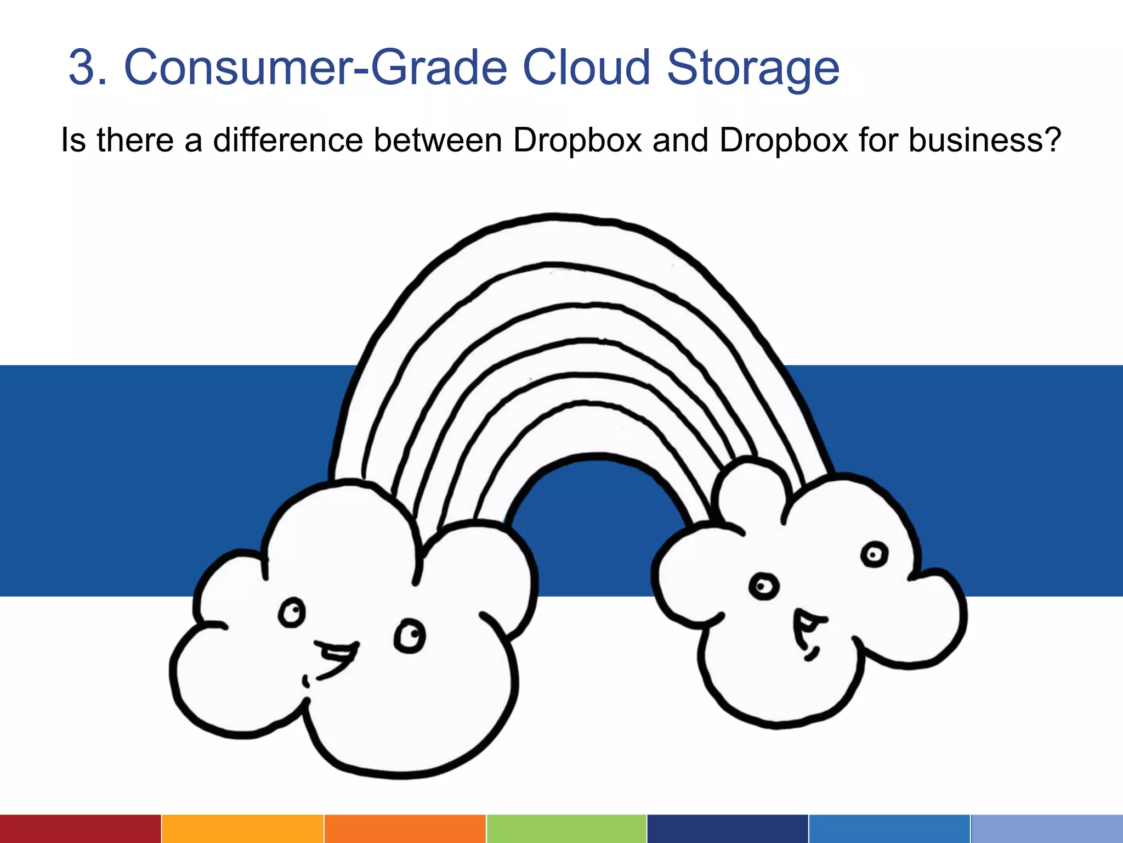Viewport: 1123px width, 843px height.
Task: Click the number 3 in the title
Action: [87, 68]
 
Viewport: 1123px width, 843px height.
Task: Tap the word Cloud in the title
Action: [586, 68]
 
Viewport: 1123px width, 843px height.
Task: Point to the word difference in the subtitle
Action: [288, 140]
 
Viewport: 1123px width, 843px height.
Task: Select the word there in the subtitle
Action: [136, 140]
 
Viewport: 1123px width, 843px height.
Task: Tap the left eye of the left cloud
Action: [291, 612]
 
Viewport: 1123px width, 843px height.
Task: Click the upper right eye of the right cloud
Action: [874, 554]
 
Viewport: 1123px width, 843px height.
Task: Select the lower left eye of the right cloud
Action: [763, 587]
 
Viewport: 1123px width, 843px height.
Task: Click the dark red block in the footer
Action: [80, 829]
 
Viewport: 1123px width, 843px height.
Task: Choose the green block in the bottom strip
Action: [566, 829]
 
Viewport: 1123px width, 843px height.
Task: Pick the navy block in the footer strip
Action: [727, 829]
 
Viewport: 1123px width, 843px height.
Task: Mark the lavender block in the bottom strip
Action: [1047, 829]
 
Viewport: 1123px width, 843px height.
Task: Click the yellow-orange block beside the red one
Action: [242, 829]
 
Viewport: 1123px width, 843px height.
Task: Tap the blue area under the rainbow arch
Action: [595, 516]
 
